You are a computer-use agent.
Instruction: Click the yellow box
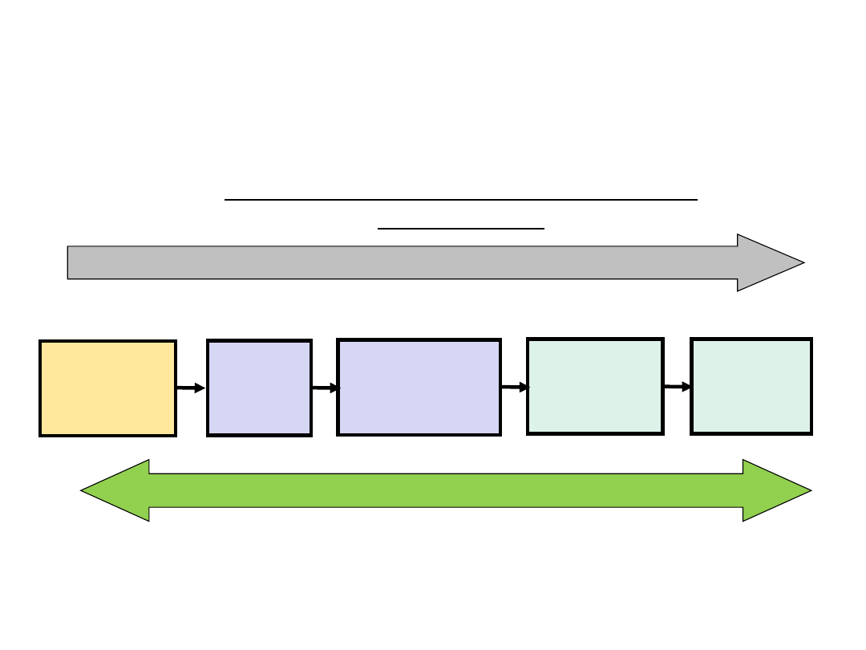pyautogui.click(x=108, y=388)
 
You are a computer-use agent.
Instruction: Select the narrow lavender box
pyautogui.click(x=259, y=388)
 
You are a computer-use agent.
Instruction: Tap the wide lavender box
pyautogui.click(x=419, y=387)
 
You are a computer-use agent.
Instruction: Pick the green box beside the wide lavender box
pyautogui.click(x=595, y=386)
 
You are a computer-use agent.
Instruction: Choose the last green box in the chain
pyautogui.click(x=751, y=386)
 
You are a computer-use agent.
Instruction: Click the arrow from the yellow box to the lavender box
pyautogui.click(x=191, y=388)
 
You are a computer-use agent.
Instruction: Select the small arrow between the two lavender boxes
pyautogui.click(x=325, y=388)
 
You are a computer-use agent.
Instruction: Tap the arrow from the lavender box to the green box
pyautogui.click(x=514, y=387)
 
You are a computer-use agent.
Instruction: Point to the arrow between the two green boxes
pyautogui.click(x=678, y=387)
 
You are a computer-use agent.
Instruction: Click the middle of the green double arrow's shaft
pyautogui.click(x=446, y=490)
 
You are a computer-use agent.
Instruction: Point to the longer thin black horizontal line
pyautogui.click(x=461, y=199)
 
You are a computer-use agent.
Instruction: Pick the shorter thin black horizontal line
pyautogui.click(x=461, y=229)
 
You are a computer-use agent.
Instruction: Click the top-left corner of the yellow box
pyautogui.click(x=41, y=342)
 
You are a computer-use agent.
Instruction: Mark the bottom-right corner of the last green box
pyautogui.click(x=811, y=433)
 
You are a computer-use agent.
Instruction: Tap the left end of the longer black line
pyautogui.click(x=226, y=199)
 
